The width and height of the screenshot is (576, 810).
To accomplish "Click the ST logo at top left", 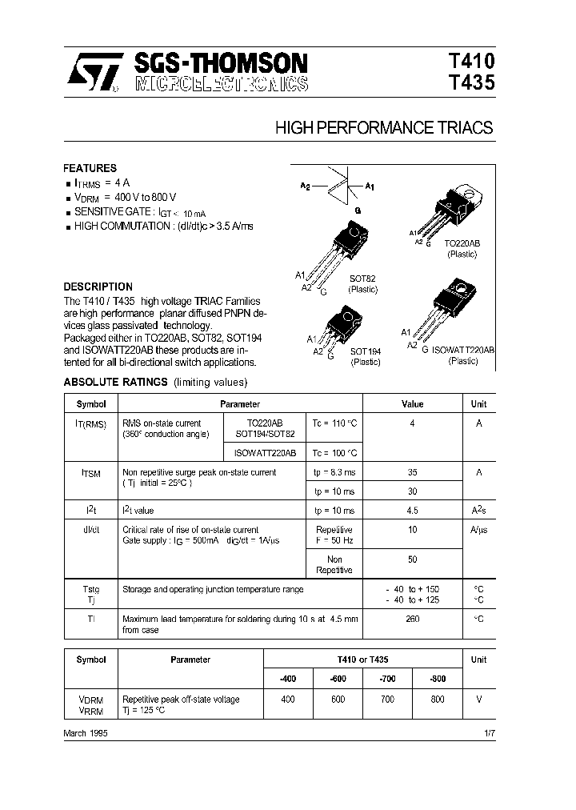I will point(92,73).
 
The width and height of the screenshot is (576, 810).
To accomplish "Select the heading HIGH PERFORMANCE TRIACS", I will point(384,127).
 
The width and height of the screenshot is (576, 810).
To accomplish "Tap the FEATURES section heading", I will point(90,169).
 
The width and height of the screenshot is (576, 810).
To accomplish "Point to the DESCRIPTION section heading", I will point(98,287).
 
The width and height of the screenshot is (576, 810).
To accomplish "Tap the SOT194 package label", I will point(366,351).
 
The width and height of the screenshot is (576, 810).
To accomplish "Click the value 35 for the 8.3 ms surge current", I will point(412,472).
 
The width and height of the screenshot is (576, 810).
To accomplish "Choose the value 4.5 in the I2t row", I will point(412,510).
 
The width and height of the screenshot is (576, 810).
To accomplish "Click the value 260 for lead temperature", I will point(412,619).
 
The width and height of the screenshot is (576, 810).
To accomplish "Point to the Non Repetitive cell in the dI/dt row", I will point(334,565).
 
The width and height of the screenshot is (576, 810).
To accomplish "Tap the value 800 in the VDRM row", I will point(437,700).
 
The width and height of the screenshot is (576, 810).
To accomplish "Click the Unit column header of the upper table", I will point(478,404).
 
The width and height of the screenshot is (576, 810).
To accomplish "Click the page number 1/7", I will point(489,733).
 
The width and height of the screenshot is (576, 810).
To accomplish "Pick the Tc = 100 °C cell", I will point(334,452).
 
